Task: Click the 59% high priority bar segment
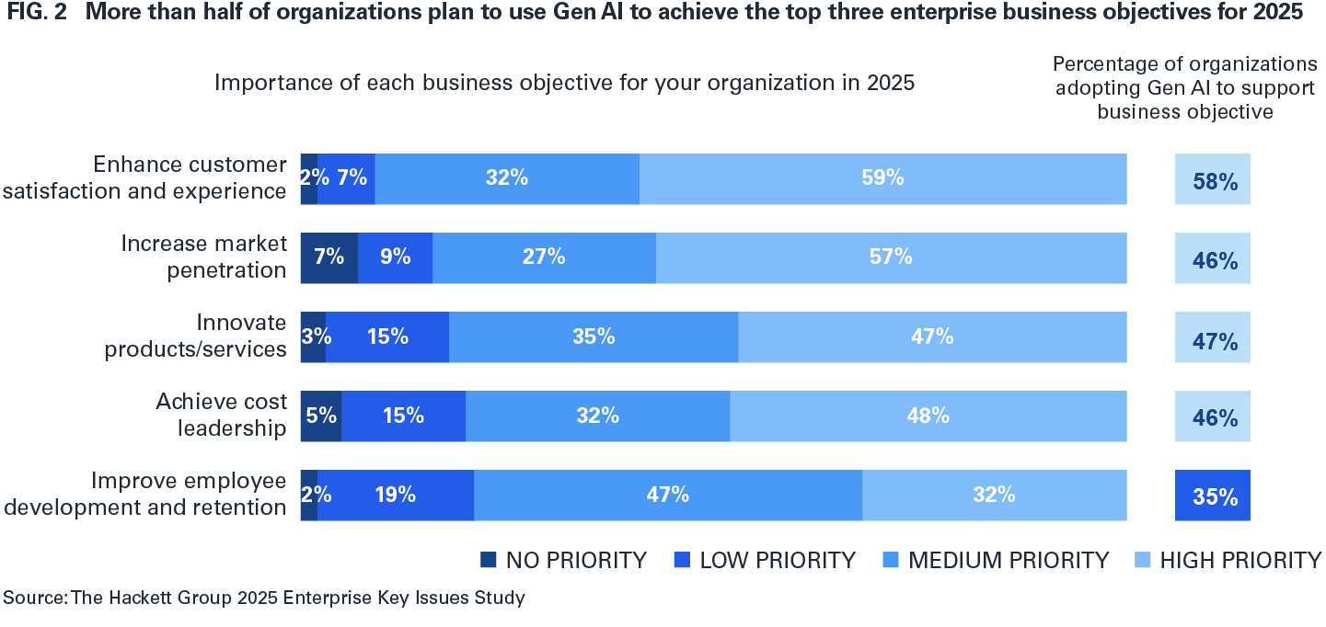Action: tap(882, 178)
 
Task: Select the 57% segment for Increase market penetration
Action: tap(891, 257)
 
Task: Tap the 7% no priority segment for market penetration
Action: tap(329, 257)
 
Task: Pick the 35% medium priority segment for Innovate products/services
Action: tap(594, 336)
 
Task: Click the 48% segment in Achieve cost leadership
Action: tap(928, 416)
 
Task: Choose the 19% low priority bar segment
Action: tap(396, 495)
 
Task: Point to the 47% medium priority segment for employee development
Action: tap(668, 495)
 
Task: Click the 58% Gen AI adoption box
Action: tap(1212, 179)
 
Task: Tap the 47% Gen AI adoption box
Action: tap(1212, 337)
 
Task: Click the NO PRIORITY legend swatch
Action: tap(489, 560)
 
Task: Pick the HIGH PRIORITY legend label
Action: tap(1239, 560)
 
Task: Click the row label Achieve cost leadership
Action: tap(221, 416)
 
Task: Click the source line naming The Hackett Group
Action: tap(264, 598)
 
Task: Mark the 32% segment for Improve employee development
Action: tap(994, 495)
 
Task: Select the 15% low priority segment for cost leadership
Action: tap(403, 416)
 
